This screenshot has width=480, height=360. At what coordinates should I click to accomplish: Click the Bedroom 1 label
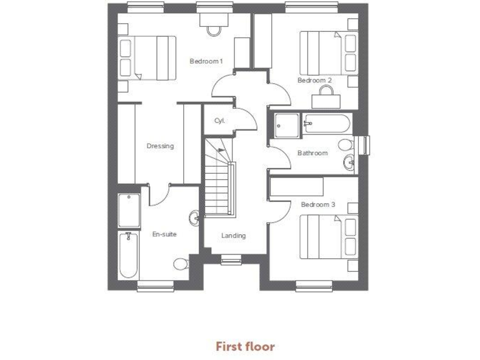pos(206,61)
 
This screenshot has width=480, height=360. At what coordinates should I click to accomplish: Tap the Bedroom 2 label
pos(314,81)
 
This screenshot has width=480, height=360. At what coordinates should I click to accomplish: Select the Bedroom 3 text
pos(318,204)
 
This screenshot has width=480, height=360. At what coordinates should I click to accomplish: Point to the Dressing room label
pos(160,146)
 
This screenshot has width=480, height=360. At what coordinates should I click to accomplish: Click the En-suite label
pos(164,234)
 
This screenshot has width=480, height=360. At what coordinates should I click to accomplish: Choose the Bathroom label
pos(312,153)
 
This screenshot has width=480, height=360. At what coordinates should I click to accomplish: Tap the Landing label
pos(233,236)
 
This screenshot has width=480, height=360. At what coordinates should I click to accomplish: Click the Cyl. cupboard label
pos(219,121)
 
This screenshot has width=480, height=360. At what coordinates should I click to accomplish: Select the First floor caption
pos(245,346)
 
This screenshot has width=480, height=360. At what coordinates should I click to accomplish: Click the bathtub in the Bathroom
pos(326,124)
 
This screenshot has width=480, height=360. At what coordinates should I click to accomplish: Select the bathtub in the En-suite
pos(129,255)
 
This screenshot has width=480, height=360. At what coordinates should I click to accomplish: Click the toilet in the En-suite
pos(181,264)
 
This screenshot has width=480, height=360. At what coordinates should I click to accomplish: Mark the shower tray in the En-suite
pos(129,209)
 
